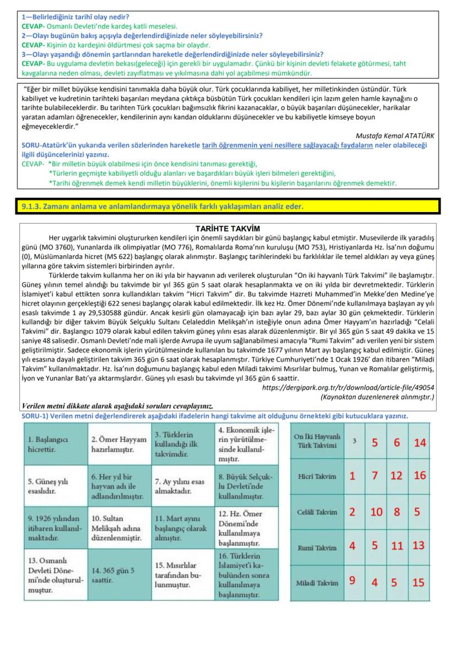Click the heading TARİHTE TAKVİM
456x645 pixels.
(x=227, y=229)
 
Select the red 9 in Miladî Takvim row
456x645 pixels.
(x=352, y=582)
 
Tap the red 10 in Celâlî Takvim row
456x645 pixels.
(x=376, y=512)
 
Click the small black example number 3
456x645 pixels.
(x=355, y=441)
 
